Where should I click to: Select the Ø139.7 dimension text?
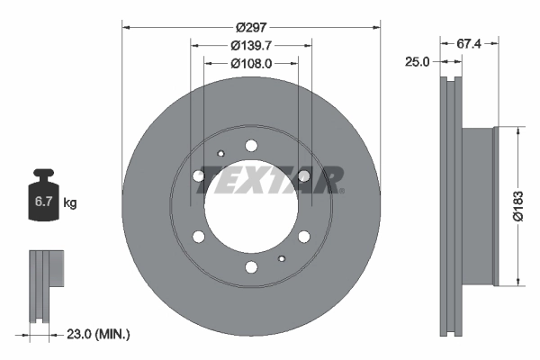(251, 46)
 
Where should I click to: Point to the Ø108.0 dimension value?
(251, 63)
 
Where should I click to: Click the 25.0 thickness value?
(418, 61)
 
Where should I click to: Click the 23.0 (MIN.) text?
(98, 334)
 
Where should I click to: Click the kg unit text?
(70, 203)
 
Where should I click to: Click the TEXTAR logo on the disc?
(270, 179)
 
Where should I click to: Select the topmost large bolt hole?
(251, 146)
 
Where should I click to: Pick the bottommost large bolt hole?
(251, 267)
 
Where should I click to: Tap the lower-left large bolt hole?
(199, 237)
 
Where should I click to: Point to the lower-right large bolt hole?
(304, 237)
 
